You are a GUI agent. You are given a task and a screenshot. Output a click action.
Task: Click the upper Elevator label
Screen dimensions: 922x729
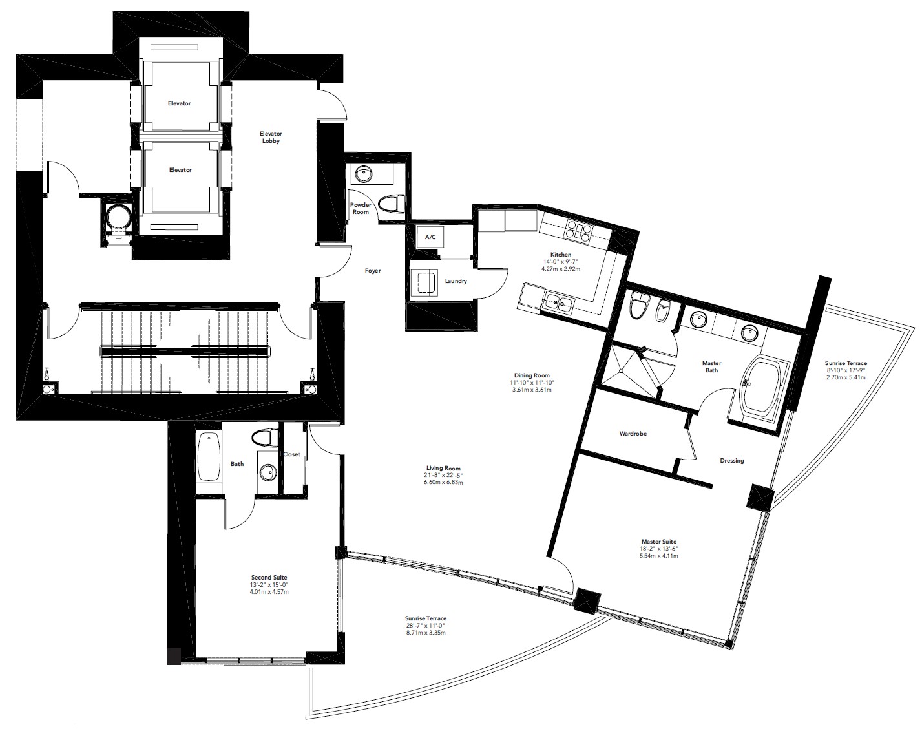click(179, 103)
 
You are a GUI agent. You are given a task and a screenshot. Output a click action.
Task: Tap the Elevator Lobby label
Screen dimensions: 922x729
click(271, 137)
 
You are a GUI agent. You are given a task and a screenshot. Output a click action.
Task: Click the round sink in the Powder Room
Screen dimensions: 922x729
click(364, 174)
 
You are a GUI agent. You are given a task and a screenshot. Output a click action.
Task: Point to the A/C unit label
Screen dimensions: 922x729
click(430, 237)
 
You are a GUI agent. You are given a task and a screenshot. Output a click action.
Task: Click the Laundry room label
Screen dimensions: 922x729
click(456, 281)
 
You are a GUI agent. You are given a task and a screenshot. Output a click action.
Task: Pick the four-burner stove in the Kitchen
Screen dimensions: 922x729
click(579, 231)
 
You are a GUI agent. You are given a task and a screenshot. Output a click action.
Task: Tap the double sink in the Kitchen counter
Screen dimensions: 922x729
click(559, 304)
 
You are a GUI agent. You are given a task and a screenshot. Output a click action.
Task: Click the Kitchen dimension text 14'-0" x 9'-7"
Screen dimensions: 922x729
click(561, 262)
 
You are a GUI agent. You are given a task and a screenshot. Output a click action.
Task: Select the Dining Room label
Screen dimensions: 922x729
click(532, 375)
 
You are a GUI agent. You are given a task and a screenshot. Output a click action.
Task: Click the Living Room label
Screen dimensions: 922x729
click(443, 468)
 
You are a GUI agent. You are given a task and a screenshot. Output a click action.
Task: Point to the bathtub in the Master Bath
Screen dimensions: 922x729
click(762, 386)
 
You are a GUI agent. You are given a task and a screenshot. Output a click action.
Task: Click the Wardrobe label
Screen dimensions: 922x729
click(633, 434)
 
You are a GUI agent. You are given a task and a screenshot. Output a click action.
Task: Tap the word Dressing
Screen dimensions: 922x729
click(732, 461)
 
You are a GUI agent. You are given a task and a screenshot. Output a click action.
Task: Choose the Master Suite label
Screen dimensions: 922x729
click(659, 542)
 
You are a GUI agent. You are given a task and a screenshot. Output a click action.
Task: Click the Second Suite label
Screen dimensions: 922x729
click(269, 577)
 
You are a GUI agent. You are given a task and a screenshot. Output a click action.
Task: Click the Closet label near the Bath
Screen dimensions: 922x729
click(292, 454)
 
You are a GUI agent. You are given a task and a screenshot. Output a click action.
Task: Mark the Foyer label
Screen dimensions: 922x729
click(373, 271)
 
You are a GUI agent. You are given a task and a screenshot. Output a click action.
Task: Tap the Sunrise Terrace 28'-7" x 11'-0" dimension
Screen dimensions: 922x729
click(425, 626)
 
